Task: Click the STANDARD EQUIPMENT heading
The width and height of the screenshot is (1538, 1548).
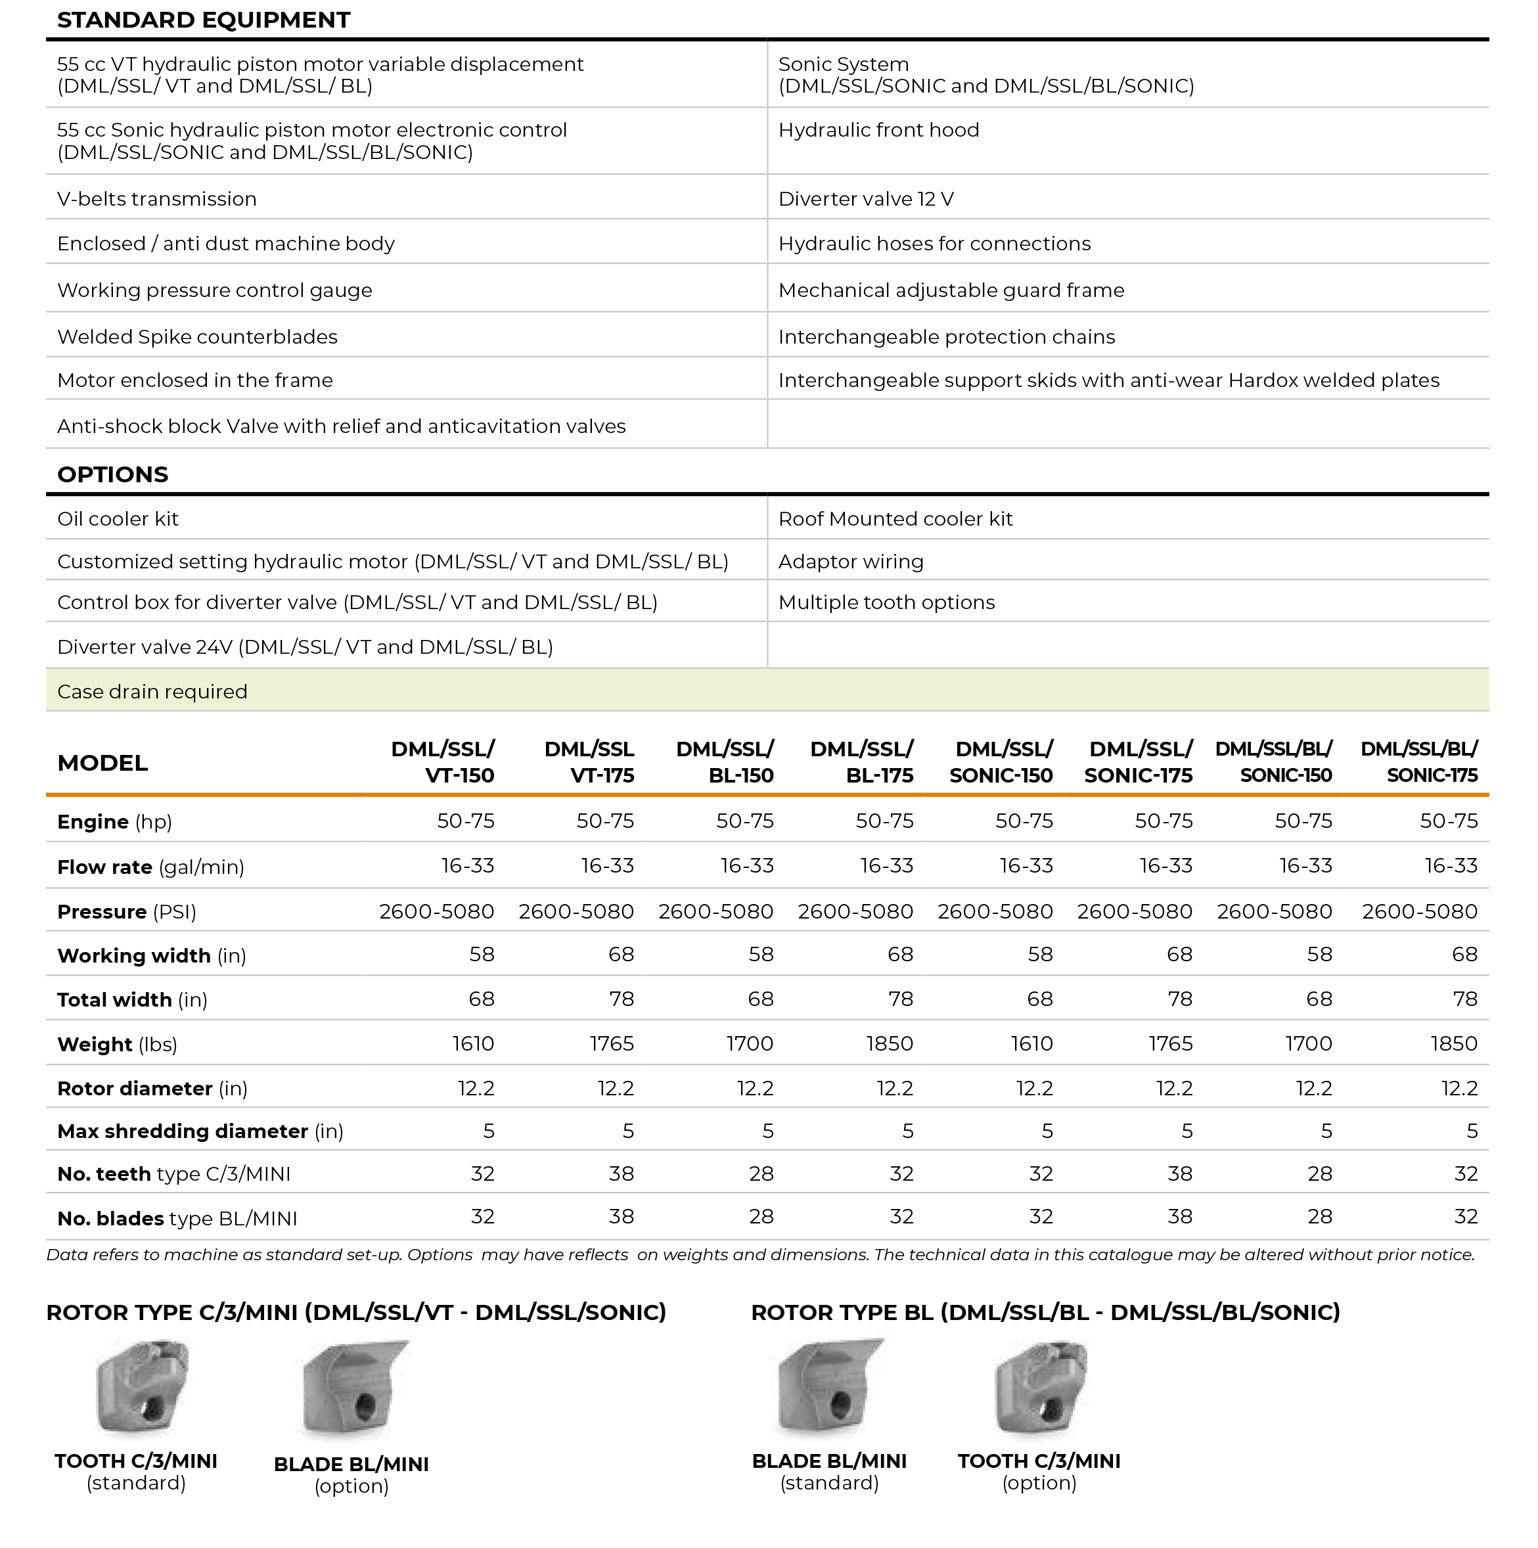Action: pyautogui.click(x=204, y=20)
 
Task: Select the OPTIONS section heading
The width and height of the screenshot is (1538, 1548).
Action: pyautogui.click(x=113, y=474)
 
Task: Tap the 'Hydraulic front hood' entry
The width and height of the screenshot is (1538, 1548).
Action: pyautogui.click(x=879, y=130)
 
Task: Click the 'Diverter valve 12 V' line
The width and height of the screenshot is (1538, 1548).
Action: pyautogui.click(x=866, y=198)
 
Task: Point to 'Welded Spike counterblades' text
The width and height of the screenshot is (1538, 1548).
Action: pyautogui.click(x=197, y=336)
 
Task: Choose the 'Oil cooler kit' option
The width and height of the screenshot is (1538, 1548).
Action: pyautogui.click(x=118, y=518)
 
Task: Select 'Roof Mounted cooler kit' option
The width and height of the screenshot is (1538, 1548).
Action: pyautogui.click(x=895, y=518)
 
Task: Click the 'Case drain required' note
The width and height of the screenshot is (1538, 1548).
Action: pyautogui.click(x=152, y=691)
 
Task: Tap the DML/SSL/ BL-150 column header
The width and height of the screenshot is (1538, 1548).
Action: pyautogui.click(x=725, y=762)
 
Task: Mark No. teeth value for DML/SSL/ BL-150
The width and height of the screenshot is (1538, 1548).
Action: pyautogui.click(x=761, y=1174)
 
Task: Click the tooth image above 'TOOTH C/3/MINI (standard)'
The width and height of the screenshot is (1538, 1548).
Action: pyautogui.click(x=142, y=1388)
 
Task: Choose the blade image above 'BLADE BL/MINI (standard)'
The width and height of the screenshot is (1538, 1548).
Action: pyautogui.click(x=828, y=1388)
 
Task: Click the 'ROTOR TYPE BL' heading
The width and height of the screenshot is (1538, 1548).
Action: pyautogui.click(x=1045, y=1312)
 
